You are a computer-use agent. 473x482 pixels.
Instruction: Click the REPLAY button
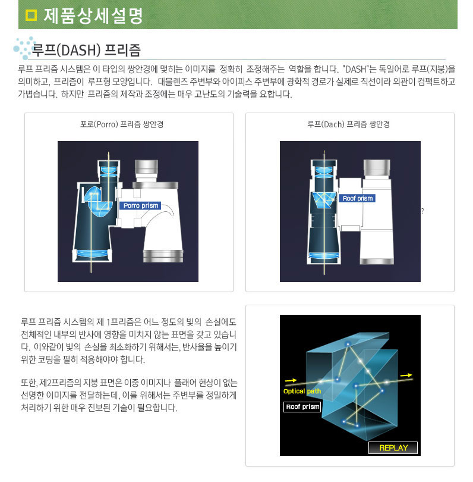click(393, 447)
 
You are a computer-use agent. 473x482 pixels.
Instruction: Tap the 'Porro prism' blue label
click(141, 205)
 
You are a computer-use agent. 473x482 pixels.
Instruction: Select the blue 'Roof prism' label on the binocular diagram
click(357, 198)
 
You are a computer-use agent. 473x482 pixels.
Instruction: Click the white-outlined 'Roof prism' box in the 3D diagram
click(302, 406)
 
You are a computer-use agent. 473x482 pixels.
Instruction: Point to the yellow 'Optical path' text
click(302, 391)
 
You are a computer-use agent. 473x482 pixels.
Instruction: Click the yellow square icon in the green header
click(31, 15)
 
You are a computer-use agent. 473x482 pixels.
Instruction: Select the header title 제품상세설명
click(93, 15)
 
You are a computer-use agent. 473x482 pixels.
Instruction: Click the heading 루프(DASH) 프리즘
click(86, 50)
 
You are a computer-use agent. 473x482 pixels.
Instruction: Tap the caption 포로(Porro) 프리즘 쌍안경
click(122, 124)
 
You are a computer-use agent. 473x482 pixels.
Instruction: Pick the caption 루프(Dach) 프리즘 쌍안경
click(349, 124)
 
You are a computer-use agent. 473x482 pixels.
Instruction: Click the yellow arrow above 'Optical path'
click(291, 381)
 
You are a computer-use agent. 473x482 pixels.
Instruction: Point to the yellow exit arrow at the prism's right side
click(406, 375)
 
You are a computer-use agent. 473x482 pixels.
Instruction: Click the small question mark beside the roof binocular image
click(422, 211)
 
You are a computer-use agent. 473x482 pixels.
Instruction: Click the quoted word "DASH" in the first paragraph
click(355, 69)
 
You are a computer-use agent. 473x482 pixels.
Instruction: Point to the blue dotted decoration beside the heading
click(24, 48)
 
